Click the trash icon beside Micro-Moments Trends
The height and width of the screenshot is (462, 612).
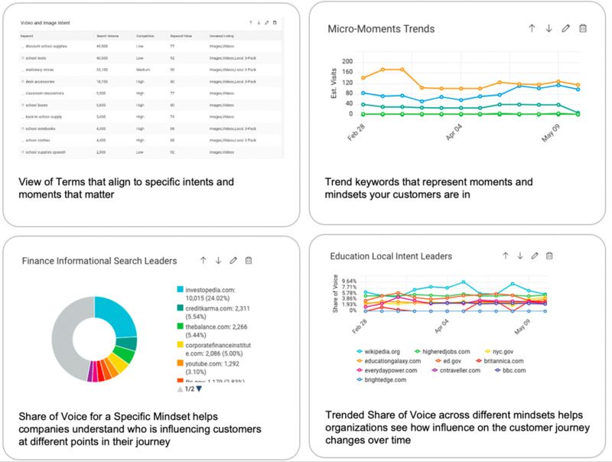[x=583, y=28]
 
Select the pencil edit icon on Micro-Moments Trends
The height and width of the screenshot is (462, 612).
[x=566, y=28]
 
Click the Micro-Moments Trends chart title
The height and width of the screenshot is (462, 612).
[x=381, y=29]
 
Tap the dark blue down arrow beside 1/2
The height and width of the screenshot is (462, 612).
[x=200, y=389]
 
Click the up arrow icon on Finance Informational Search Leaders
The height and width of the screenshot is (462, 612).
[x=203, y=261]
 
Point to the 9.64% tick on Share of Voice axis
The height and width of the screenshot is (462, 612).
[x=348, y=281]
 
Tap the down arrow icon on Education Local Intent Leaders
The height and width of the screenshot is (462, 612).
[x=520, y=256]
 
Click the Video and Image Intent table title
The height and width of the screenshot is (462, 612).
[x=46, y=23]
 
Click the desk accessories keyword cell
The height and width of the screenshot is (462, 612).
[x=44, y=80]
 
